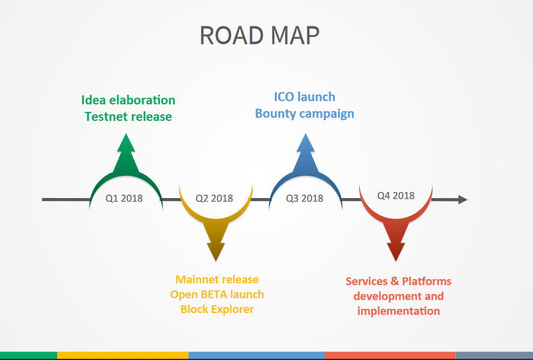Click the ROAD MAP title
[x=259, y=36]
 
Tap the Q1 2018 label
[x=124, y=198]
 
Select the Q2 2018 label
[x=214, y=198]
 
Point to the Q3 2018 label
[x=304, y=198]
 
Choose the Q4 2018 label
[x=396, y=195]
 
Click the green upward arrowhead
[x=126, y=143]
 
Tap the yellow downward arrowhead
[x=216, y=252]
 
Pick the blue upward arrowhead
[x=305, y=143]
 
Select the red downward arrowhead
[x=396, y=252]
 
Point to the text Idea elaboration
[x=128, y=100]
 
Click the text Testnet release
[x=128, y=117]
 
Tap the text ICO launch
[x=304, y=97]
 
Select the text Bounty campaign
[x=304, y=114]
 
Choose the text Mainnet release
[x=217, y=279]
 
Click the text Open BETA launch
[x=217, y=294]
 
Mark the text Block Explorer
[x=217, y=309]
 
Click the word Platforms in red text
[x=427, y=281]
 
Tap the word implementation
[x=398, y=311]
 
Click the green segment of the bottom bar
[x=28, y=355]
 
